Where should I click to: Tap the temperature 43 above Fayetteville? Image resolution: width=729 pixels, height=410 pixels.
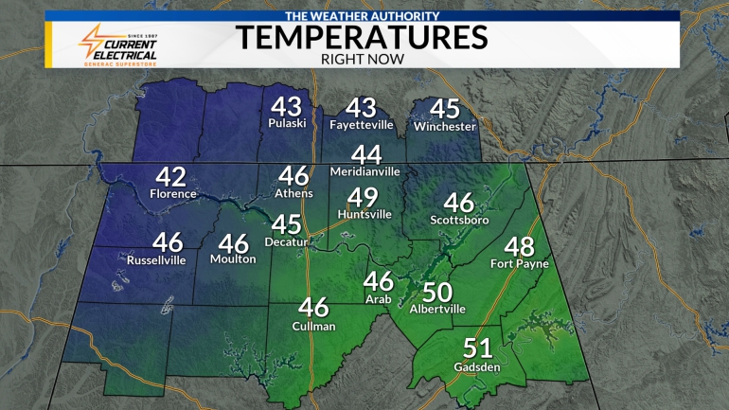(361, 107)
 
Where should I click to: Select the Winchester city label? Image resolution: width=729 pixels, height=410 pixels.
(444, 126)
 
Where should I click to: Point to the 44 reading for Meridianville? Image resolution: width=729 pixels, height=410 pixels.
(365, 154)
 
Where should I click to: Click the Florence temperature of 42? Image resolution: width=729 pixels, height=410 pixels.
(171, 176)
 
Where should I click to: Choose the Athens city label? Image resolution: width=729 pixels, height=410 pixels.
(293, 193)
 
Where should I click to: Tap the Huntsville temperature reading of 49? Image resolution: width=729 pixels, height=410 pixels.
(364, 197)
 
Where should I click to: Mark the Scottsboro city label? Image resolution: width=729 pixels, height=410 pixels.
(458, 220)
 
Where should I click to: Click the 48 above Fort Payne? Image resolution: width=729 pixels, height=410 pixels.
(519, 246)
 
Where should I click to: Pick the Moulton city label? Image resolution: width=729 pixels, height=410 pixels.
(233, 259)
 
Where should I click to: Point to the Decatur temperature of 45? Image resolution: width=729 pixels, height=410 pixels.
(287, 224)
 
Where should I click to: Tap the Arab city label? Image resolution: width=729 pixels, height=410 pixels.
(379, 299)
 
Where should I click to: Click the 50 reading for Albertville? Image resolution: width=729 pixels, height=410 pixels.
(437, 293)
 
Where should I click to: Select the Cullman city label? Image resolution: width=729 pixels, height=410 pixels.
(313, 326)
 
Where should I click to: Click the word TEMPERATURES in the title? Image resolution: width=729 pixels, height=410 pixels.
(362, 38)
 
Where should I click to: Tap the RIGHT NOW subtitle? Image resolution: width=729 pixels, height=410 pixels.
(363, 59)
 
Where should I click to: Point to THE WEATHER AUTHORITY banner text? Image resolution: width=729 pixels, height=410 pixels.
(363, 16)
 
